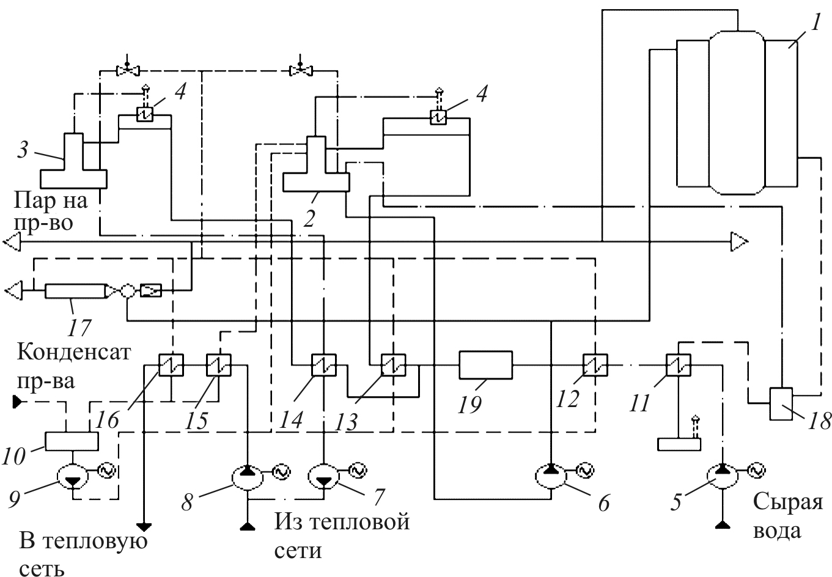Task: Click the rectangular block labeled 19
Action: click(486, 365)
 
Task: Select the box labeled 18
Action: click(781, 403)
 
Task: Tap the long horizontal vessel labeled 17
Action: click(75, 291)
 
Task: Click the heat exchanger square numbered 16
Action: click(171, 365)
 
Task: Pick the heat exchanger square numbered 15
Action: click(219, 365)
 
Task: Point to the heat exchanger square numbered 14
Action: click(324, 365)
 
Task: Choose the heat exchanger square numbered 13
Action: click(393, 365)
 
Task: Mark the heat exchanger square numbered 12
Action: click(595, 365)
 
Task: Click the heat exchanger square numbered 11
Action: click(679, 365)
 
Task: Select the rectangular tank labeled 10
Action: click(72, 441)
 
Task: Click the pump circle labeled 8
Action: click(248, 477)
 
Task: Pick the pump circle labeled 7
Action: click(324, 477)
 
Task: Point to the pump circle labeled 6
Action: click(550, 477)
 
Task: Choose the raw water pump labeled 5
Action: click(723, 477)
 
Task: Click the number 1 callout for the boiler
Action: click(814, 23)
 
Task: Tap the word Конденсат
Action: click(74, 351)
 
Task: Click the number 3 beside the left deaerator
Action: click(23, 150)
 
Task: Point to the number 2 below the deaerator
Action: click(309, 218)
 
